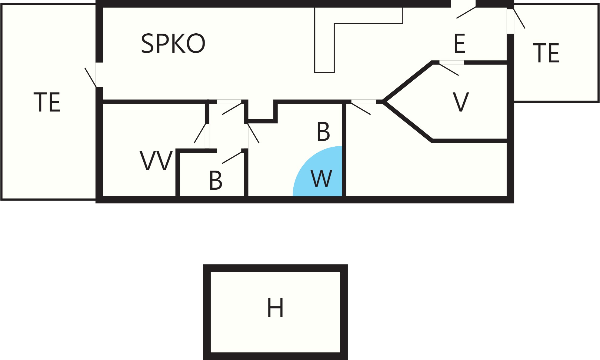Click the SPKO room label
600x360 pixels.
click(173, 43)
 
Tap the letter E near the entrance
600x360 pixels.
click(459, 43)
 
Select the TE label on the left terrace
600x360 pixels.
click(47, 102)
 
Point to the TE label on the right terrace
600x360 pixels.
click(546, 53)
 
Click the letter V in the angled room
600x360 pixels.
click(461, 102)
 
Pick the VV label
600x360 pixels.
click(156, 161)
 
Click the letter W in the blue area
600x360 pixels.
click(322, 178)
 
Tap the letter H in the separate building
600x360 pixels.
click(275, 308)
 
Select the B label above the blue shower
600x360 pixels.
click(323, 132)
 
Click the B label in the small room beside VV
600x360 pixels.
click(216, 180)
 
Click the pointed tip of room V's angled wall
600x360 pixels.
click(383, 102)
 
